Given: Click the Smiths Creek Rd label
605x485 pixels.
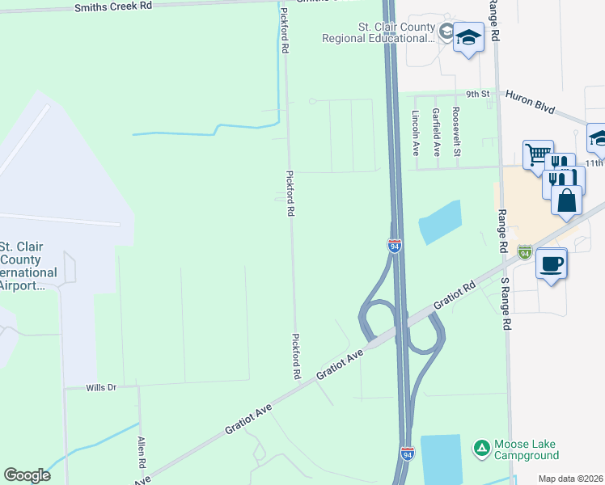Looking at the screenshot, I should (112, 6).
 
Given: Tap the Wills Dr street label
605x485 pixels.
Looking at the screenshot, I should (102, 387).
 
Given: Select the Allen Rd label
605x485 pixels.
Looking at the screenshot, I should (142, 452).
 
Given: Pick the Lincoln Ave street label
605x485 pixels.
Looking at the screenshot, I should (416, 132).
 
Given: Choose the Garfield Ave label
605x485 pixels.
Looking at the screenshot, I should (436, 132).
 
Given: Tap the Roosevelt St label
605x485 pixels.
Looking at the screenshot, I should (456, 132).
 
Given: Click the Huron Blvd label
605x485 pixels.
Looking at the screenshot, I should (531, 103).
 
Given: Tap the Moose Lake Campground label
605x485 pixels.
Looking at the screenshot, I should (527, 450).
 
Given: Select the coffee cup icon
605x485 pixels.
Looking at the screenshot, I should (552, 264).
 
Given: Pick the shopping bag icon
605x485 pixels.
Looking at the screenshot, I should (567, 199).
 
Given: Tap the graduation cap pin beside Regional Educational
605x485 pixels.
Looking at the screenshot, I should (468, 36).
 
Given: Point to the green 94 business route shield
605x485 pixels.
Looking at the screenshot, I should (525, 252).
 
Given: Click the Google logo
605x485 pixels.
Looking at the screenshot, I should (27, 474).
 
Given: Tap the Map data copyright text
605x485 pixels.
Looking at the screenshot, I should (571, 479).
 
